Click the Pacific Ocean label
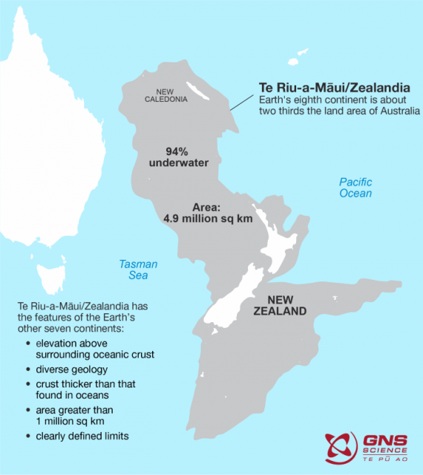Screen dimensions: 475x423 click(x=355, y=188)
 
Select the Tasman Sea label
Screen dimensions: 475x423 click(x=139, y=269)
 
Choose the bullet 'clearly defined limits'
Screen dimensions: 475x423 click(x=82, y=436)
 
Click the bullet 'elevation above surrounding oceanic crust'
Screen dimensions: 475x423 click(x=94, y=348)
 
